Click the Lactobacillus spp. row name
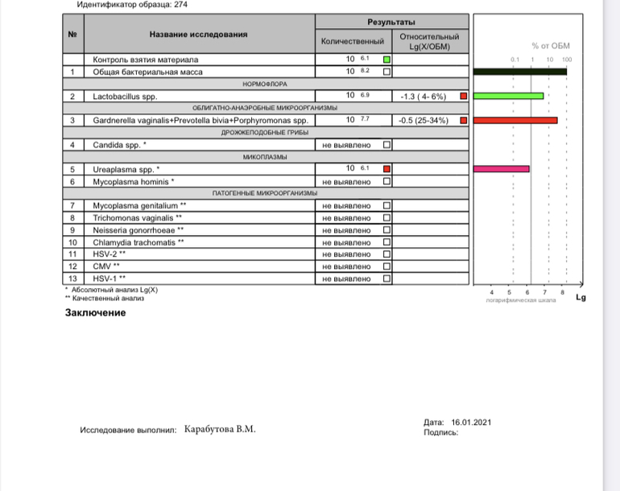click(125, 97)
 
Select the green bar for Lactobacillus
click(508, 97)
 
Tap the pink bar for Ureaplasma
click(502, 169)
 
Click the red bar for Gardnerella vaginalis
click(515, 121)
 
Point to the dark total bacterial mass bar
click(520, 72)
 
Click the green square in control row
click(387, 60)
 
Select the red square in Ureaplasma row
click(387, 169)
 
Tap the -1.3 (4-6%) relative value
click(423, 97)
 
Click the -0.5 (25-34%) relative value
click(424, 121)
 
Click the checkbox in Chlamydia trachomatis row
click(387, 242)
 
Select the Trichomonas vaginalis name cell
click(137, 218)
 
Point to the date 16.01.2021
click(471, 423)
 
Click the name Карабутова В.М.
click(220, 429)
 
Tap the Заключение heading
click(95, 312)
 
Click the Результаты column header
click(391, 22)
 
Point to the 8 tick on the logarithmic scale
click(562, 291)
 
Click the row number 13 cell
click(72, 279)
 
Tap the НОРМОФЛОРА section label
click(265, 84)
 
